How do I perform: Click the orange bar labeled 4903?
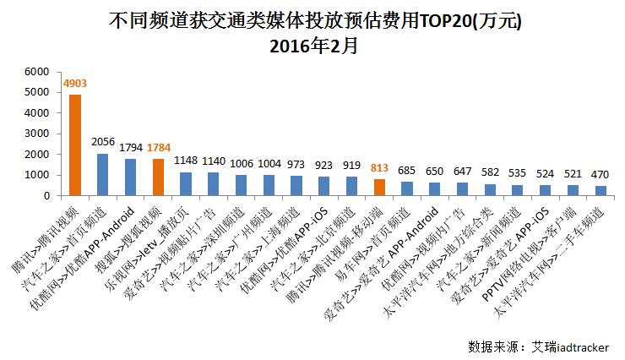click(x=75, y=145)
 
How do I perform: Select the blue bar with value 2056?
click(x=102, y=174)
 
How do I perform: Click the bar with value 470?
click(x=601, y=190)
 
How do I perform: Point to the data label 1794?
click(x=130, y=149)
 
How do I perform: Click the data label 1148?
click(x=186, y=161)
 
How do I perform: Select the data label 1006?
click(x=241, y=164)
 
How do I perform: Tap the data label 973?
click(x=296, y=165)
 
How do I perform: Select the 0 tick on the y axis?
click(x=49, y=195)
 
